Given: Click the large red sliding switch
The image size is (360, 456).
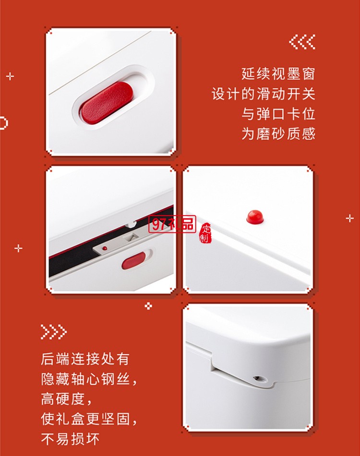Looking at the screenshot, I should (107, 102).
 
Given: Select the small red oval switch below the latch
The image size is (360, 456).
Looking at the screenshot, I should (132, 262).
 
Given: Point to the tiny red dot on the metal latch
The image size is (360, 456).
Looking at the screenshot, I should (105, 248).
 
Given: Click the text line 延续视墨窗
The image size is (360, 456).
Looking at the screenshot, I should (278, 75).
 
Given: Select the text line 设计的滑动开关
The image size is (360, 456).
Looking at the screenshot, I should (264, 94).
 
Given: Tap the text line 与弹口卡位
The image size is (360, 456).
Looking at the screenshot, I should (278, 114).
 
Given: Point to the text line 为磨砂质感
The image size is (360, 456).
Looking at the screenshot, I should (278, 133).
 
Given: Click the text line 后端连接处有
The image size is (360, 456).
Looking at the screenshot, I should (85, 359).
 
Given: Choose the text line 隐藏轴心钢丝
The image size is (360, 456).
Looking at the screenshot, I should (89, 379).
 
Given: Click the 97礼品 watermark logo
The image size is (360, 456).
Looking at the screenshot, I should (172, 224).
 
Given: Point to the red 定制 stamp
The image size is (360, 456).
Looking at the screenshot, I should (206, 233).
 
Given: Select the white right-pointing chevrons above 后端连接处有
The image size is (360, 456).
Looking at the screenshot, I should (53, 332).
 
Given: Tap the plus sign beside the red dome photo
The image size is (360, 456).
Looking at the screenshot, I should (349, 218).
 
